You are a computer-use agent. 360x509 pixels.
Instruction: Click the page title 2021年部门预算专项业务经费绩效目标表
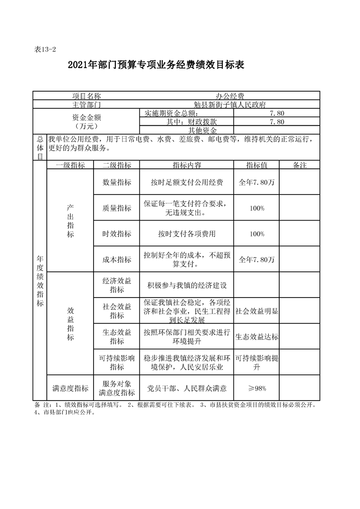(x=156, y=65)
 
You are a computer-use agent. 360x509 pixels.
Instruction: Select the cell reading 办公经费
(x=230, y=96)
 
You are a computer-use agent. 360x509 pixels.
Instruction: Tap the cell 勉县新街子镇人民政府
(x=230, y=104)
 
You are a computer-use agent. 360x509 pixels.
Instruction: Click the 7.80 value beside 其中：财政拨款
(x=276, y=122)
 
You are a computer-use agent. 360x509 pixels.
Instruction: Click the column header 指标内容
(x=187, y=165)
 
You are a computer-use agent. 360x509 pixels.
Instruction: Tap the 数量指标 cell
(x=117, y=182)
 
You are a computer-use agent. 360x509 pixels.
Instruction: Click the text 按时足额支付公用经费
(x=187, y=182)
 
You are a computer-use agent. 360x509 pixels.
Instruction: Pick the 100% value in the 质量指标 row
(x=257, y=208)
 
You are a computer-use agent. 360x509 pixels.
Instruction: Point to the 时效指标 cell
(x=117, y=234)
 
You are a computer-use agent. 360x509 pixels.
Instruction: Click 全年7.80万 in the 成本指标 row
(x=257, y=260)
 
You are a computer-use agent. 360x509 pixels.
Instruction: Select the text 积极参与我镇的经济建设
(x=187, y=286)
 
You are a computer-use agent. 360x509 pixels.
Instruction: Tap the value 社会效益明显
(x=257, y=312)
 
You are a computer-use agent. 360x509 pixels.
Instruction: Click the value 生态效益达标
(x=257, y=338)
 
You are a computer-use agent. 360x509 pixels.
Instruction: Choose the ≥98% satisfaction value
(x=257, y=388)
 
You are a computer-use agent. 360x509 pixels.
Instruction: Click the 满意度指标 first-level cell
(x=70, y=388)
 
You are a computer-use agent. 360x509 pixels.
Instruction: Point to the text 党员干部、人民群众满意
(x=187, y=388)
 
